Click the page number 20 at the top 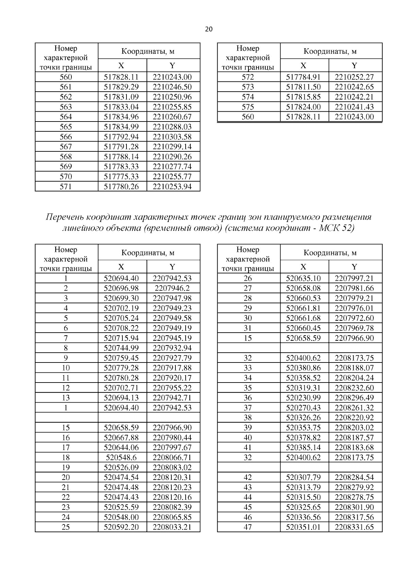pyautogui.click(x=209, y=29)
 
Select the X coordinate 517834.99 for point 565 pyautogui.click(x=121, y=127)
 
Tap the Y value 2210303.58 pyautogui.click(x=172, y=137)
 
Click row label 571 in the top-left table pyautogui.click(x=66, y=186)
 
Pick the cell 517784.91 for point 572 pyautogui.click(x=303, y=77)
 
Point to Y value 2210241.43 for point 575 pyautogui.click(x=354, y=107)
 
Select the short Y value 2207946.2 pyautogui.click(x=172, y=288)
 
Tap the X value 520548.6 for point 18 pyautogui.click(x=121, y=457)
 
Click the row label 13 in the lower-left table pyautogui.click(x=66, y=397)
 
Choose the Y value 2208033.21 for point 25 pyautogui.click(x=172, y=527)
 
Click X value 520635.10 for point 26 pyautogui.click(x=303, y=278)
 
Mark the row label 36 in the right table pyautogui.click(x=248, y=397)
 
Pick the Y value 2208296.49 pyautogui.click(x=354, y=397)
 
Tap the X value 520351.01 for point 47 pyautogui.click(x=303, y=527)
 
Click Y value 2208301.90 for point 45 pyautogui.click(x=354, y=507)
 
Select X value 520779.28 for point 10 pyautogui.click(x=121, y=368)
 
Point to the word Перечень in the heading pyautogui.click(x=65, y=217)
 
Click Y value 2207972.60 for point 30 pyautogui.click(x=354, y=318)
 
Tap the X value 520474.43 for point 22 pyautogui.click(x=121, y=497)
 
